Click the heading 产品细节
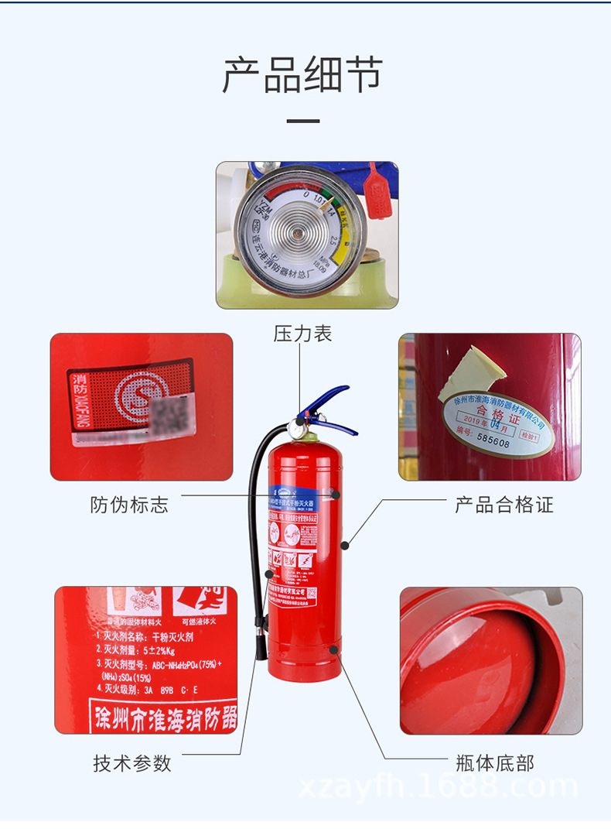coord(302,75)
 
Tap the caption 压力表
coord(302,334)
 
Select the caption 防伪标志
coord(129,505)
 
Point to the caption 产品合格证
coord(503,505)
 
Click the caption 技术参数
coord(132,763)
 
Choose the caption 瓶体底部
coord(495,763)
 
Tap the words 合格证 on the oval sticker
coord(495,410)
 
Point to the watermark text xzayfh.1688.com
coord(438,787)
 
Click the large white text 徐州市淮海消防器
coord(164,714)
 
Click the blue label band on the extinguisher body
coord(305,495)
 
